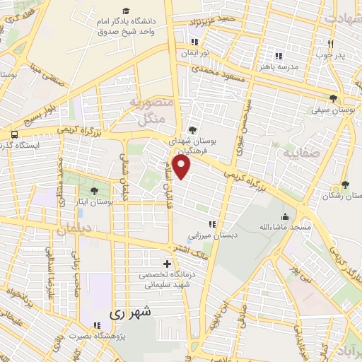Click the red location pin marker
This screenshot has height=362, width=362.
182,168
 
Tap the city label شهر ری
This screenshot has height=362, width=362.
132,310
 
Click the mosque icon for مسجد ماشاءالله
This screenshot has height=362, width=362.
285,216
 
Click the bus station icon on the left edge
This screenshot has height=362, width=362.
14,133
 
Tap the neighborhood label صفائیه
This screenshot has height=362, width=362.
298,152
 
